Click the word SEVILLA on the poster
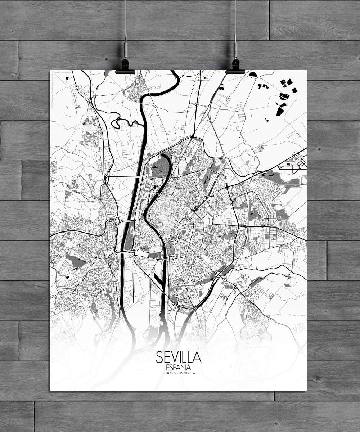179,357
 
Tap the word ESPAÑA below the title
179,368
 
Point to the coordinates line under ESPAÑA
179,373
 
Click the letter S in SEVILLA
160,357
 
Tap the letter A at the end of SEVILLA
197,357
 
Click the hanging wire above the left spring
126,18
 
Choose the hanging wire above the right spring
235,18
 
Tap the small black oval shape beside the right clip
253,74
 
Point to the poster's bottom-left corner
50,390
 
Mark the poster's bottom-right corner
306,390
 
